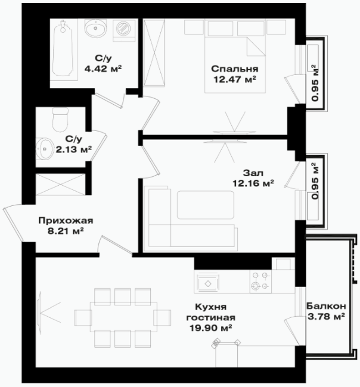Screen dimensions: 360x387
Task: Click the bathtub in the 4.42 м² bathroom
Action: click(64, 49)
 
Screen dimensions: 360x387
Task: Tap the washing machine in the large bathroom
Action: click(124, 30)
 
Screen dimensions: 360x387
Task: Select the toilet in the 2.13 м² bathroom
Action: click(60, 120)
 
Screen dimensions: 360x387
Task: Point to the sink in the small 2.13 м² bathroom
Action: click(44, 149)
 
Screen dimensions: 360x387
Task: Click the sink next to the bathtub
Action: click(95, 28)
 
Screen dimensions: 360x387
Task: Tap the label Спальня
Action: click(234, 68)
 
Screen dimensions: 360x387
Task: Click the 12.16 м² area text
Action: click(253, 183)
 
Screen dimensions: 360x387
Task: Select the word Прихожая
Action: click(66, 220)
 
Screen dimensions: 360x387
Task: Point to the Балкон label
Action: click(326, 306)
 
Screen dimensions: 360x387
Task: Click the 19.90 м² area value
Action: click(210, 328)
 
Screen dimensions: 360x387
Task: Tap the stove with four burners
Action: click(260, 282)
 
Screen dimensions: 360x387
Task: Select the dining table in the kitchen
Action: click(123, 317)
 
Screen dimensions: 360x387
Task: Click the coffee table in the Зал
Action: click(206, 205)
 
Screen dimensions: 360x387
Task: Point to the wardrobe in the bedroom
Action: click(154, 53)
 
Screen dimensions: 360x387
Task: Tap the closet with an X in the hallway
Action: click(61, 185)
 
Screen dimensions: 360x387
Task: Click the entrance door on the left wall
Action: click(14, 223)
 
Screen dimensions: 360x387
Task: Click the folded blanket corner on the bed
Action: click(256, 46)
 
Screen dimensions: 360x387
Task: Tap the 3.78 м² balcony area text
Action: click(326, 316)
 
